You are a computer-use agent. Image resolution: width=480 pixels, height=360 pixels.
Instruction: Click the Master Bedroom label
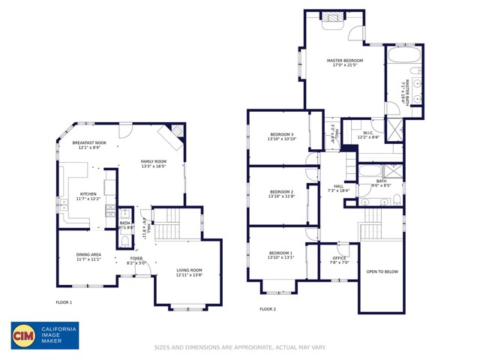pos(345,60)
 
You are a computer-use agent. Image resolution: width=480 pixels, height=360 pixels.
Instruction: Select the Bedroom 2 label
pos(282,193)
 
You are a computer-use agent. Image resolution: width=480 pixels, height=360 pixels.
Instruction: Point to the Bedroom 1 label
pos(282,253)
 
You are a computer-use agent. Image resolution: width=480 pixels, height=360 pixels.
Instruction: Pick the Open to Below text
pos(382,271)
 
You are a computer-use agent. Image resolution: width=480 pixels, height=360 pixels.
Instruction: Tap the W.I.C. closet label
pos(368,133)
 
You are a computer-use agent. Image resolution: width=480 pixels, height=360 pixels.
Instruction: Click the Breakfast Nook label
pos(89,142)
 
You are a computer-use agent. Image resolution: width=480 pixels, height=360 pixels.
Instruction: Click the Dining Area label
pos(88,254)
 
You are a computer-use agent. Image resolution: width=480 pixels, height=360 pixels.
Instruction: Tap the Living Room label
pos(189,271)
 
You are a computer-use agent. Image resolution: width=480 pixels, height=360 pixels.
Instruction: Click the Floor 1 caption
pos(64,302)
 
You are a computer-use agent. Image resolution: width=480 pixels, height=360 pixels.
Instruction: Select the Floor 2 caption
pos(268,309)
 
